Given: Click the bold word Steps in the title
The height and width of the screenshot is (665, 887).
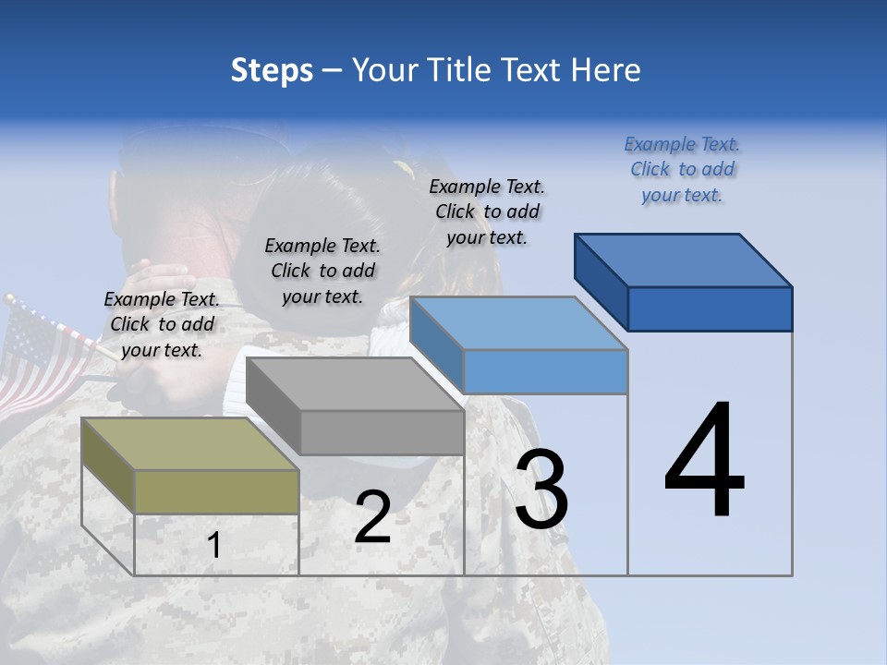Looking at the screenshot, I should coord(272,70).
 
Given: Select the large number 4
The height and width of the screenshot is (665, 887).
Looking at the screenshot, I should coord(704,462).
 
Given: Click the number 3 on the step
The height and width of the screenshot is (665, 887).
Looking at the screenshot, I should coord(541,490).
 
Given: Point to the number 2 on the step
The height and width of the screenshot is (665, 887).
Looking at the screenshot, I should coord(372,517).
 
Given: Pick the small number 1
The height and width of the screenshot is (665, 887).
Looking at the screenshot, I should coord(214,546).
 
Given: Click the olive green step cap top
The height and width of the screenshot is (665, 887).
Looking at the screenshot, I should coord(189,444).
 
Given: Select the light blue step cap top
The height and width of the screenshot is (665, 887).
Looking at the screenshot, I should coord(518,323).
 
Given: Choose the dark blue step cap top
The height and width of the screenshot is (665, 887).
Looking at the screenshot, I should coord(683,260).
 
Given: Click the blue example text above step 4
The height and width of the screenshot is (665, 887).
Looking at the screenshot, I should coord(682,169).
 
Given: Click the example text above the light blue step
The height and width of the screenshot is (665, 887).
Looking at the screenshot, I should coord(487,212).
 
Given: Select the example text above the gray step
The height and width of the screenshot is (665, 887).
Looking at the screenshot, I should coord(322,271).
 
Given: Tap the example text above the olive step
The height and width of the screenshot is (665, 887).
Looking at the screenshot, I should coord(162,324).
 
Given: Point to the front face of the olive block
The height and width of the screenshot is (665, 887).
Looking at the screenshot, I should coord(217,491).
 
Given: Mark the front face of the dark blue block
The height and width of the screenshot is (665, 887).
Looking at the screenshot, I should coord(710,308).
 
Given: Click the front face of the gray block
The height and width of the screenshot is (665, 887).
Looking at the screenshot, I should coord(382,432).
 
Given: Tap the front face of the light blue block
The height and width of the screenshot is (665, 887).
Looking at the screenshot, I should coord(545,371).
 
